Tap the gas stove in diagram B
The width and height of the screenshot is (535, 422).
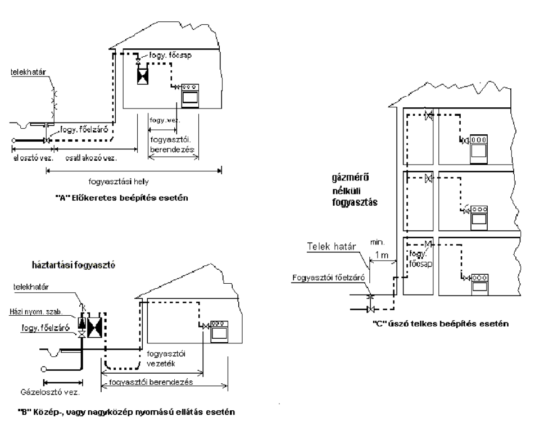(x=218, y=332)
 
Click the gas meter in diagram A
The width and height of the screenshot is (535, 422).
(x=143, y=74)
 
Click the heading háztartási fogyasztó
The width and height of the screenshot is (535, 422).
(x=70, y=264)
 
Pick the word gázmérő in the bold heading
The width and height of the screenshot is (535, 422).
(x=348, y=180)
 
